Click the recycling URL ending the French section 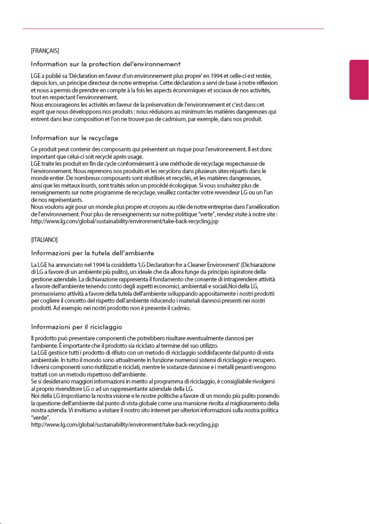[x=125, y=222]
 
